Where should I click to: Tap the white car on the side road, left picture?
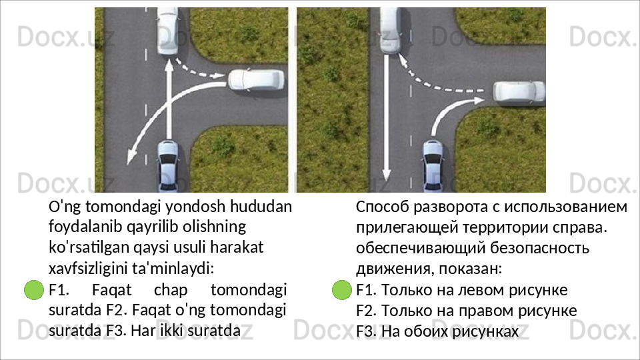pyautogui.click(x=255, y=81)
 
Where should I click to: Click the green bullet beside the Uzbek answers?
pyautogui.click(x=33, y=291)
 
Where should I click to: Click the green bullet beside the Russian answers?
pyautogui.click(x=341, y=291)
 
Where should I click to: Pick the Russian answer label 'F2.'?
pyautogui.click(x=366, y=311)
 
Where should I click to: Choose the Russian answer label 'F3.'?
pyautogui.click(x=366, y=331)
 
